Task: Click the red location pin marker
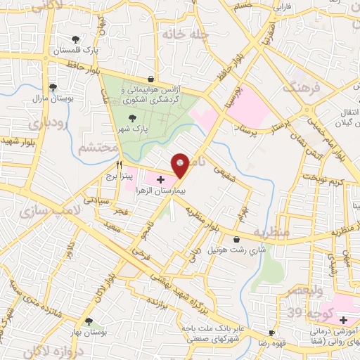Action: (x=180, y=164)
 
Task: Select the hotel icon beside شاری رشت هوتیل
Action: (x=203, y=250)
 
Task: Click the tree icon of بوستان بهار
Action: (x=88, y=322)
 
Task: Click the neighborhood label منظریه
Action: (x=271, y=233)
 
